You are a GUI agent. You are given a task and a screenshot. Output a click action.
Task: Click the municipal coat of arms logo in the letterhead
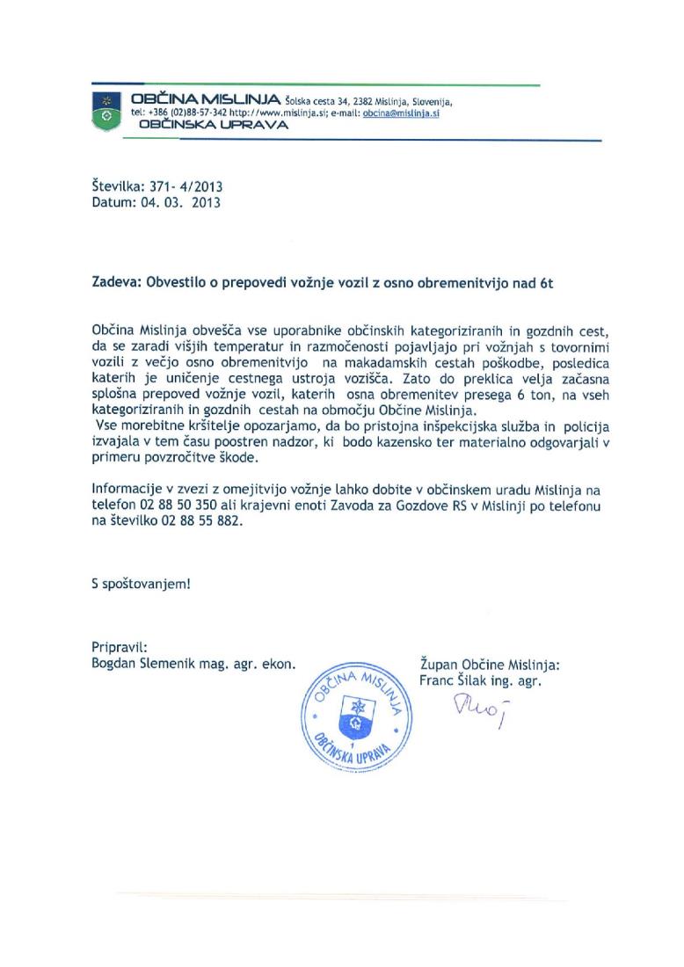click(x=106, y=110)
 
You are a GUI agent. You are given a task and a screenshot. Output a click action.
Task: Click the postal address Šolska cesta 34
click(x=318, y=101)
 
